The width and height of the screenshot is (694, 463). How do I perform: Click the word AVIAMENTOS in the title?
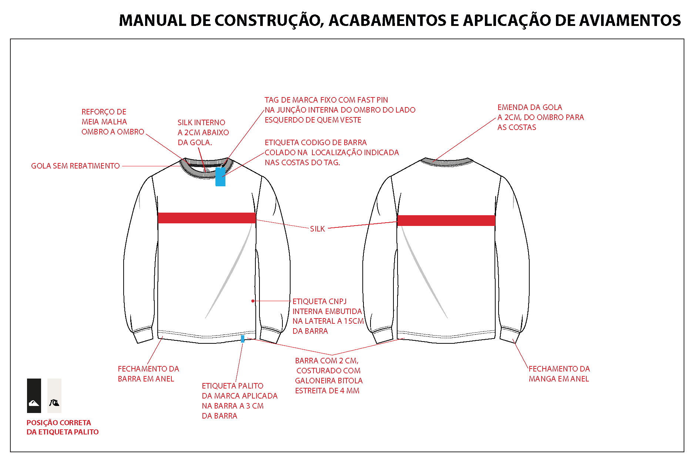click(x=630, y=20)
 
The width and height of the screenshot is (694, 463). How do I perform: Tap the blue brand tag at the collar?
click(x=221, y=177)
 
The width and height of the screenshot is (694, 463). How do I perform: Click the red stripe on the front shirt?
click(x=207, y=218)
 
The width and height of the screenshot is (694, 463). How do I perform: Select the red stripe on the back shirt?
click(x=446, y=220)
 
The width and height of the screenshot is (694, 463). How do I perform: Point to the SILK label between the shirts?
click(x=318, y=229)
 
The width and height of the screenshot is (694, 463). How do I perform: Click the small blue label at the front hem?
click(x=243, y=339)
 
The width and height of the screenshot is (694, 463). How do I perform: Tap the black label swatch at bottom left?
click(x=34, y=396)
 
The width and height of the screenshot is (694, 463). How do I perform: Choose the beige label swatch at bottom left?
click(x=54, y=396)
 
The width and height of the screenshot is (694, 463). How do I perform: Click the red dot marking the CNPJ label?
click(x=253, y=301)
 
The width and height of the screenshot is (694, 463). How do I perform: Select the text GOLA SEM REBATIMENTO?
click(x=76, y=166)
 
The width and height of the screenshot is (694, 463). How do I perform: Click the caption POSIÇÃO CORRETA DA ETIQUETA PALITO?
click(x=63, y=427)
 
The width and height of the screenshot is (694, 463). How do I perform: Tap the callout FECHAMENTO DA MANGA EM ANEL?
click(x=559, y=374)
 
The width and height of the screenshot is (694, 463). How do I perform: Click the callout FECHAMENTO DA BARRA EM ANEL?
click(x=148, y=374)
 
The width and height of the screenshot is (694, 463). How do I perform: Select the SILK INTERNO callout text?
click(x=203, y=133)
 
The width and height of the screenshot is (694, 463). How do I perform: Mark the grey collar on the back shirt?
click(x=447, y=162)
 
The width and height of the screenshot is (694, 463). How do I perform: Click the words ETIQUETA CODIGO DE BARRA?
click(x=316, y=143)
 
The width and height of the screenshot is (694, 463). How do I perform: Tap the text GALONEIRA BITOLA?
click(x=329, y=381)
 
